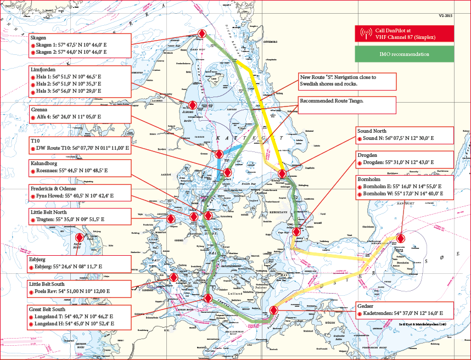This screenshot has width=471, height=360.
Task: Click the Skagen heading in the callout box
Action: click(39, 37)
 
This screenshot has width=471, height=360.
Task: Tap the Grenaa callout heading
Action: click(40, 109)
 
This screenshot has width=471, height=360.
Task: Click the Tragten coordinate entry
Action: click(75, 219)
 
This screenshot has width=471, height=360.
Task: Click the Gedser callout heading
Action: click(366, 305)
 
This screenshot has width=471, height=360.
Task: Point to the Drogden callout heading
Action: click(368, 155)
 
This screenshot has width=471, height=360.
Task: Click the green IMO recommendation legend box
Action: click(405, 54)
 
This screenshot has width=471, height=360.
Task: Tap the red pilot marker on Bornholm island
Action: click(400, 238)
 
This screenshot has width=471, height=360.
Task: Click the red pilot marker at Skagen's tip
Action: click(202, 34)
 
